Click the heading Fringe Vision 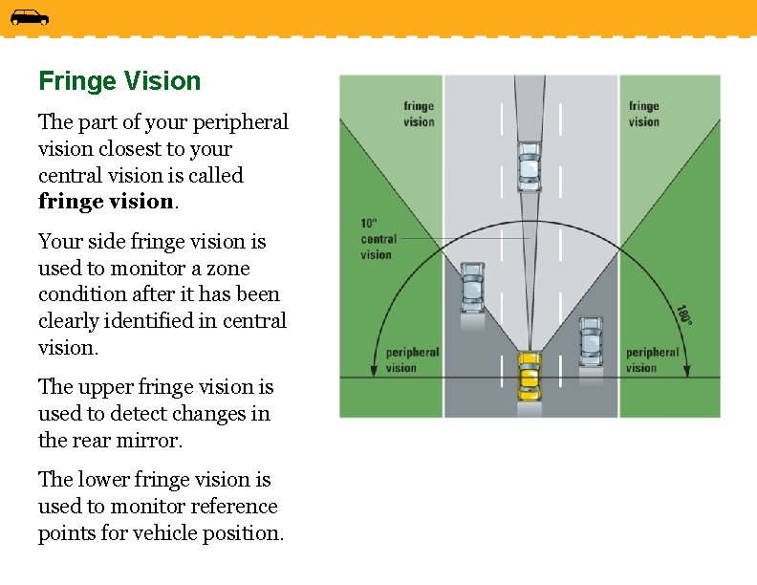coord(119,81)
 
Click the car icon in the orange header coord(30,17)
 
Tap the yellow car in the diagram coord(529,375)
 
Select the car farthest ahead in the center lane coord(529,166)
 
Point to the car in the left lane coord(472,287)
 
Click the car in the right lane coord(591,341)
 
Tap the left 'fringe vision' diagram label coord(419,114)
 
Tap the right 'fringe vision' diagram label coord(643,114)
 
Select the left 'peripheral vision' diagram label coord(412,359)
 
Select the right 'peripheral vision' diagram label coord(652,359)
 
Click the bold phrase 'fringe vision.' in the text coord(106,203)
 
